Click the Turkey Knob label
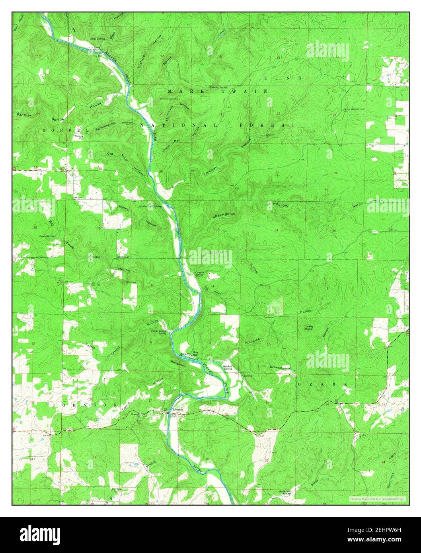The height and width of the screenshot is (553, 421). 310,328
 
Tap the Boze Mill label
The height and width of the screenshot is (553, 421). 195,354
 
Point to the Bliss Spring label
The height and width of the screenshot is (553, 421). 97,39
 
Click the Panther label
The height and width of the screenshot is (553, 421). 24,115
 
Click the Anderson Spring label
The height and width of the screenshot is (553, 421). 288,492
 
